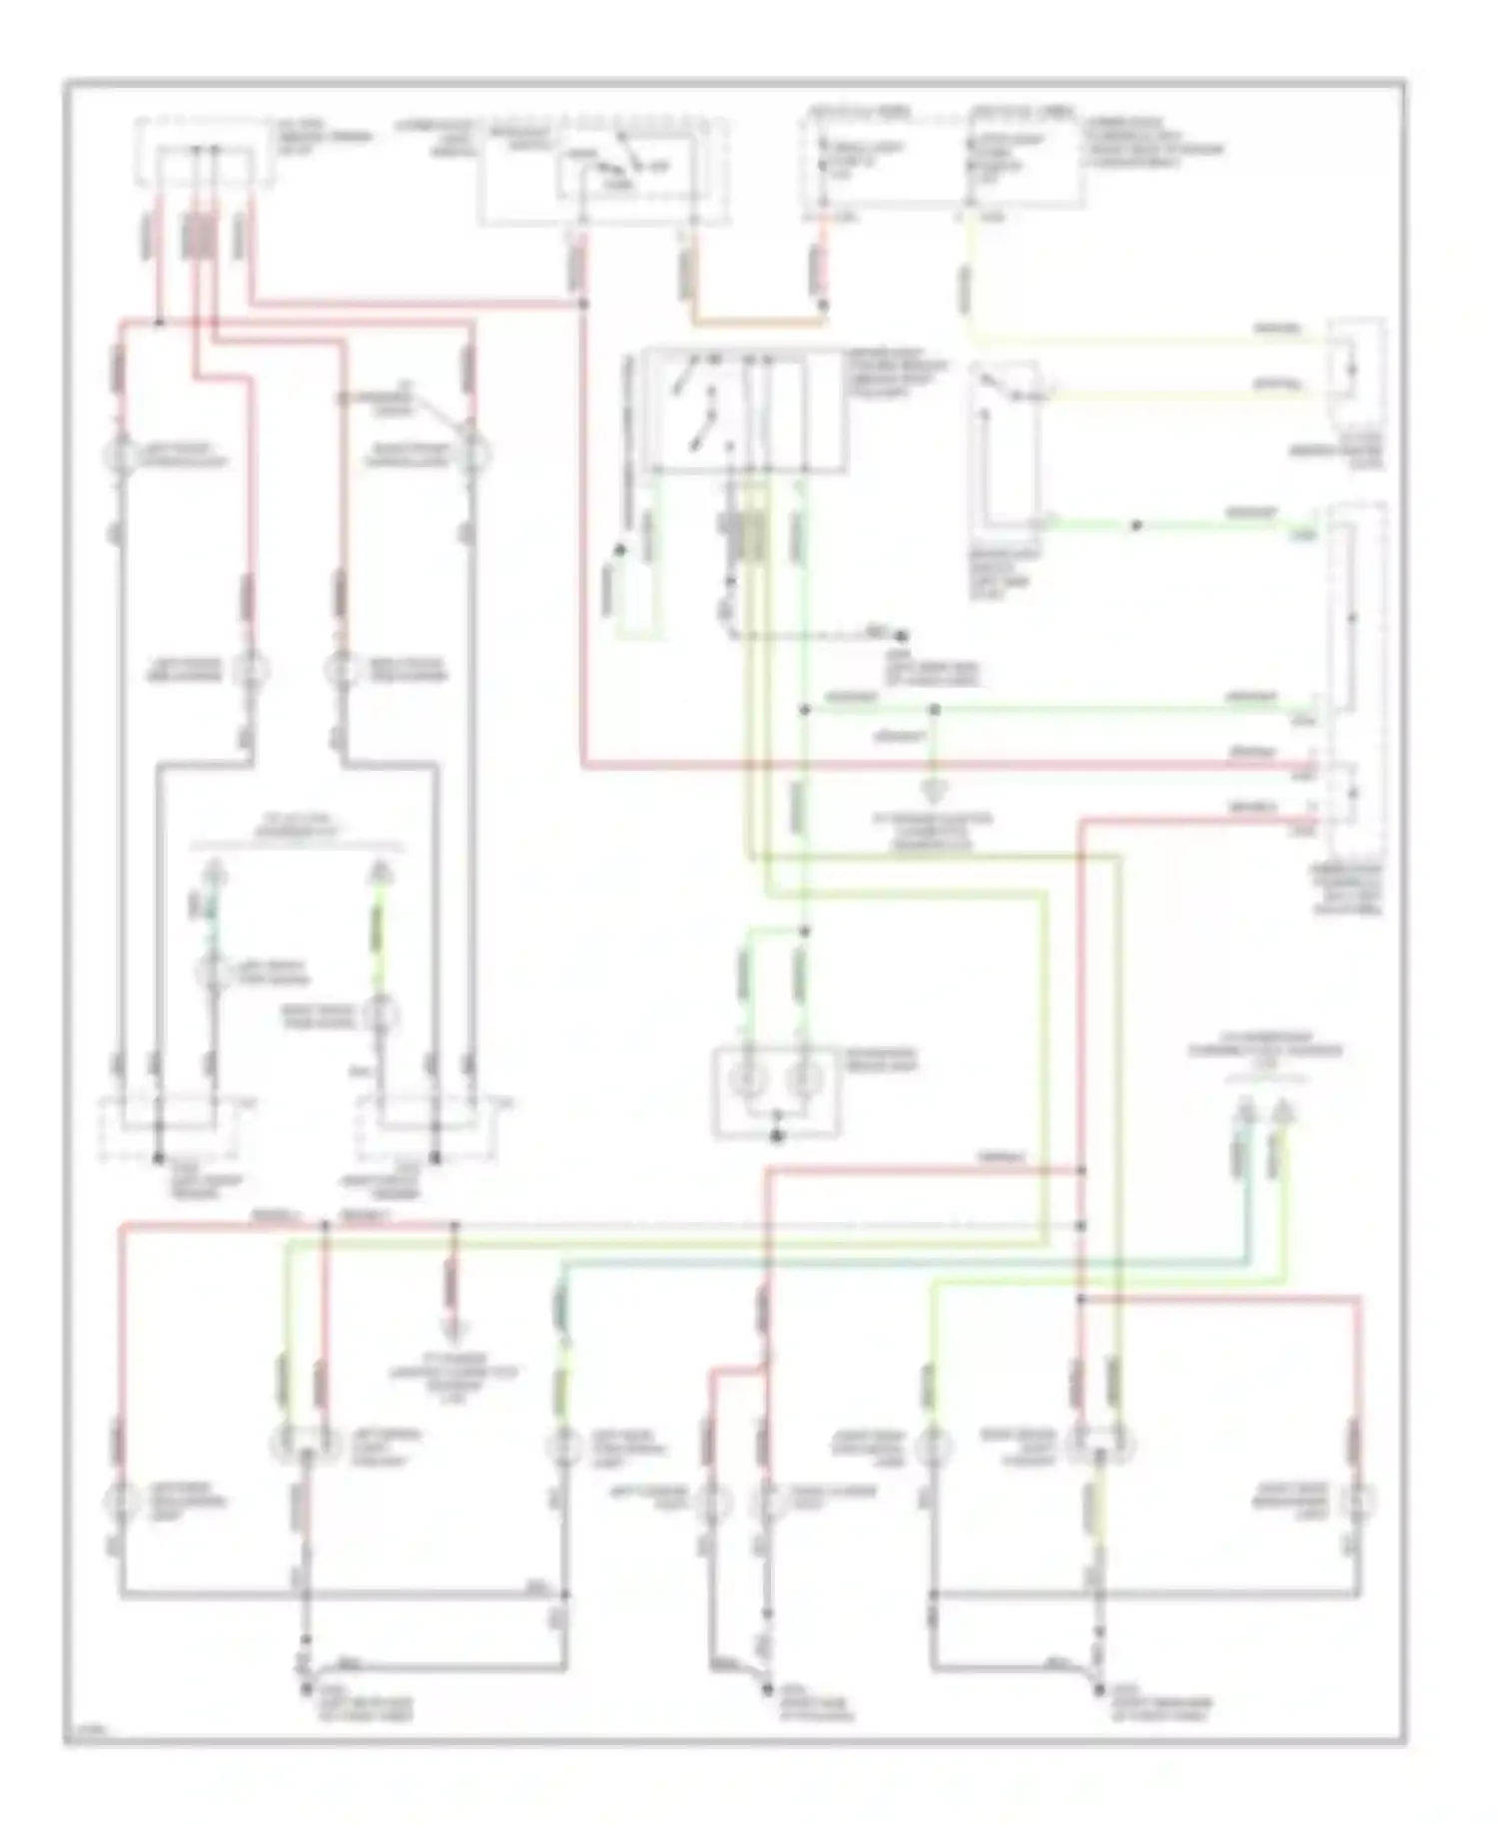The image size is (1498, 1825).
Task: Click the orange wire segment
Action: (x=759, y=321)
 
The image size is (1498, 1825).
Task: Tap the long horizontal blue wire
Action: (x=899, y=1262)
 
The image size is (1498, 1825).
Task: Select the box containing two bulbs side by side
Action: (x=776, y=1090)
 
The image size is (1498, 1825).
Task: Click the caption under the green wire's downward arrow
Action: (x=936, y=831)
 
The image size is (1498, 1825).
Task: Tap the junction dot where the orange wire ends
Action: (x=823, y=304)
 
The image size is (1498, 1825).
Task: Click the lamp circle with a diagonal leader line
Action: (x=472, y=454)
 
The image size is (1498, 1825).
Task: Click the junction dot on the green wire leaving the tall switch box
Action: (x=1135, y=525)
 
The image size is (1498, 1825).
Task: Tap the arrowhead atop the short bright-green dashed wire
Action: (x=380, y=875)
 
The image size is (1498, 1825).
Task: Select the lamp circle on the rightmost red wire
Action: (x=1357, y=1501)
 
